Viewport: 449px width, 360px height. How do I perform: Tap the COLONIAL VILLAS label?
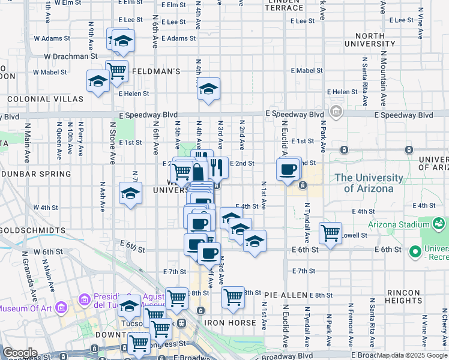pyautogui.click(x=45, y=98)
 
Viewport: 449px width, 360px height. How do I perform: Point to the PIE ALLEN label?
pyautogui.click(x=285, y=295)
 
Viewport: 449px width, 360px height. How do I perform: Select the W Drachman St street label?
pyautogui.click(x=70, y=56)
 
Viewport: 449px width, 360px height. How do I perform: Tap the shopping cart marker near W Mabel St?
pyautogui.click(x=116, y=71)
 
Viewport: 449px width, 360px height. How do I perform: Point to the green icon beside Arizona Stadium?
pyautogui.click(x=439, y=224)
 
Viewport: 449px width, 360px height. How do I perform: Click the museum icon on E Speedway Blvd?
pyautogui.click(x=336, y=112)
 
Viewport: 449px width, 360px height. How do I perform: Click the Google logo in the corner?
pyautogui.click(x=20, y=353)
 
